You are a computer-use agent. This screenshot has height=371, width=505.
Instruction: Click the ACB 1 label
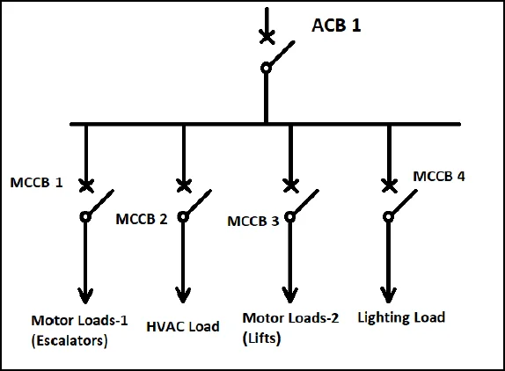(x=336, y=25)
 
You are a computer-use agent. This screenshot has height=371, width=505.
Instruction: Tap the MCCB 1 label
(x=36, y=183)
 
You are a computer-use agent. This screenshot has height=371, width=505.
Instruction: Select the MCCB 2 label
(x=142, y=219)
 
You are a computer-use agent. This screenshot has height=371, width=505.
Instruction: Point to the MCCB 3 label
(x=253, y=222)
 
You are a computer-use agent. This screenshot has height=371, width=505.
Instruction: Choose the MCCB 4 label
(x=439, y=177)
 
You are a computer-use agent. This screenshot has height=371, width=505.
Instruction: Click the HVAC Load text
(x=183, y=326)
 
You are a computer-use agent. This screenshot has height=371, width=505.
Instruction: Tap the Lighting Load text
(x=401, y=317)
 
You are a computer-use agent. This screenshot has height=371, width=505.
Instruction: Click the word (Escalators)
(x=70, y=340)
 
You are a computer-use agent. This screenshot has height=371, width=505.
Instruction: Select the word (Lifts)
(x=261, y=338)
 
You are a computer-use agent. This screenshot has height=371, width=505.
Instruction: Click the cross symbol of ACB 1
(x=267, y=36)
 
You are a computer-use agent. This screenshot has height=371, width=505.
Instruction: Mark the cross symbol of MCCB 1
(x=86, y=185)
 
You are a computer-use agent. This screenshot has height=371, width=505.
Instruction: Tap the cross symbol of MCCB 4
(x=390, y=185)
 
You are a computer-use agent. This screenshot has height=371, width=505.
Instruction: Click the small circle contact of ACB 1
(x=266, y=69)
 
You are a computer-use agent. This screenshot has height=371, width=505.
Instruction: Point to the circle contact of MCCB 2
(x=183, y=217)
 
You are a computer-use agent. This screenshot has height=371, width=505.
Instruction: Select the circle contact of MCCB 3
(x=290, y=217)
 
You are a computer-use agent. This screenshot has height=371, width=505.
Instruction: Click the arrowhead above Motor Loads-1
(x=85, y=296)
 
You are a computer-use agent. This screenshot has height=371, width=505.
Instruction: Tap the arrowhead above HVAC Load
(x=183, y=295)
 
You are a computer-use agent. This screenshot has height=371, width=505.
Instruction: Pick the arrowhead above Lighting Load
(x=388, y=295)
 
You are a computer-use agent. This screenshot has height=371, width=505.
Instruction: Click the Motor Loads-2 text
(x=290, y=318)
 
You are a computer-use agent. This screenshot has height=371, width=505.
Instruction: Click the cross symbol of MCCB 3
(x=291, y=185)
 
